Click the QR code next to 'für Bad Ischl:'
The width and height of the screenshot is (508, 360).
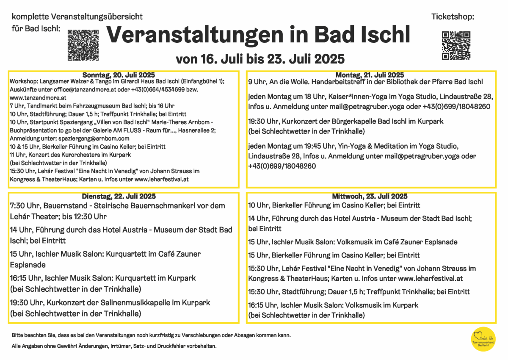click(x=83, y=44)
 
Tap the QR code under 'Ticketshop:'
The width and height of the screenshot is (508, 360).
click(x=456, y=45)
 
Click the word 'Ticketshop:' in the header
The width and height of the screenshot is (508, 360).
click(x=453, y=17)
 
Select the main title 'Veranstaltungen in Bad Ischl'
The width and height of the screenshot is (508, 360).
click(x=258, y=34)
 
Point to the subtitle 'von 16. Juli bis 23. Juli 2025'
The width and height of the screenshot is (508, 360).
click(x=260, y=58)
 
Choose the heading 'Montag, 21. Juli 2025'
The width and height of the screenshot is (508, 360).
click(x=370, y=75)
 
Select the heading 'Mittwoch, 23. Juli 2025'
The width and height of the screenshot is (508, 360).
click(x=370, y=197)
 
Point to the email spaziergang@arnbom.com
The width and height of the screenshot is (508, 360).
click(x=96, y=138)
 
